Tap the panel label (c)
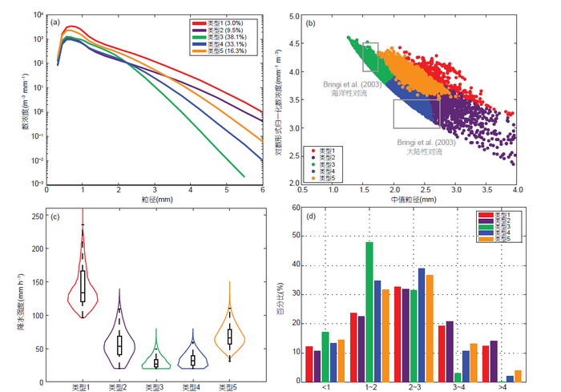(55, 217)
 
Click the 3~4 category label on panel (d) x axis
(460, 388)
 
